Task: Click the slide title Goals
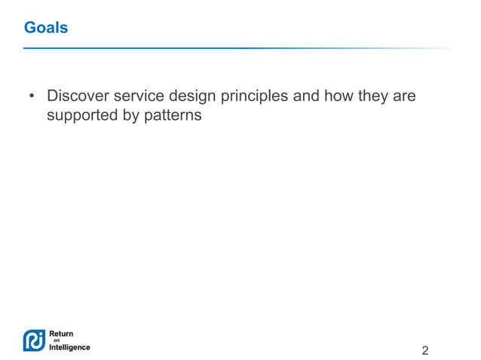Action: [46, 28]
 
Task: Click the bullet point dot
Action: [32, 97]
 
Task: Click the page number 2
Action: [425, 350]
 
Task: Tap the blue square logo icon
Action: [34, 340]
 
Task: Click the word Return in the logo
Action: [61, 334]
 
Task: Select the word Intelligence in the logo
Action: [69, 347]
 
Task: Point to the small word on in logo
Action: [55, 340]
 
